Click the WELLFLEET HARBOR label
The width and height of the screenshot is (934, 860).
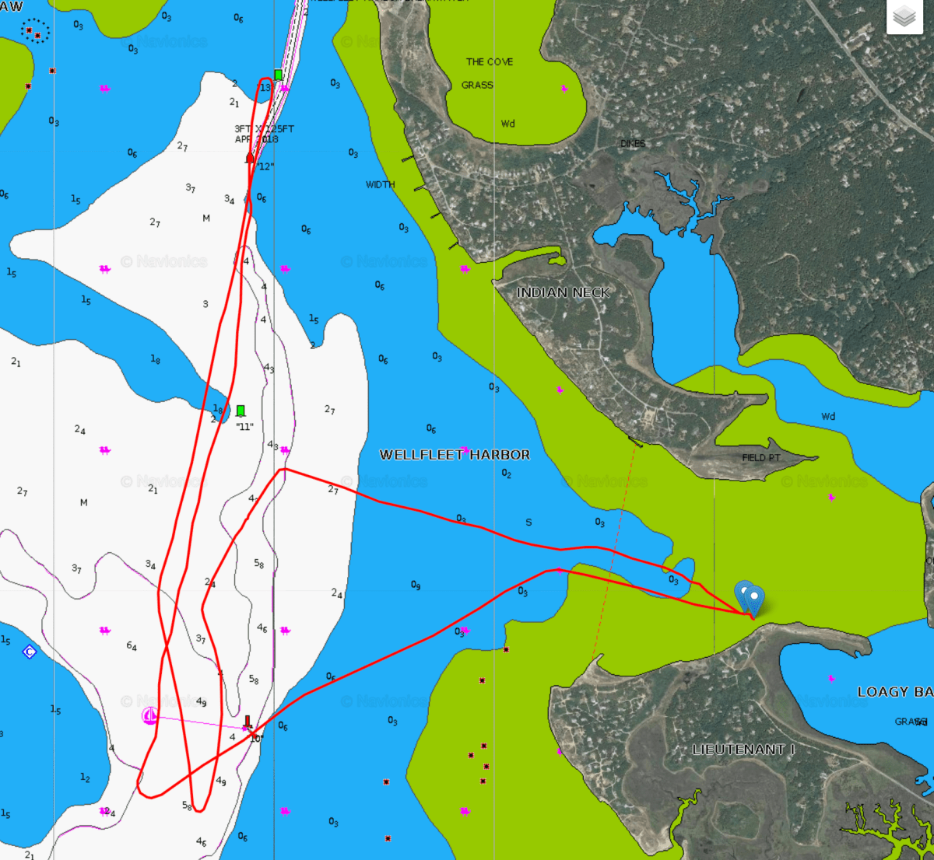coord(455,455)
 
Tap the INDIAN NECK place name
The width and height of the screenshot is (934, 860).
coord(563,292)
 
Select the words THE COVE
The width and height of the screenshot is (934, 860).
coord(490,61)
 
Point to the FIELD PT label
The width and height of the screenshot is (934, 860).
coord(761,458)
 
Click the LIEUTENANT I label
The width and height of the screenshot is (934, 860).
coord(744,750)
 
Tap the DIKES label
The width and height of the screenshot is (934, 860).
coord(633,144)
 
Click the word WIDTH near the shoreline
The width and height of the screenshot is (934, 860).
coord(381,185)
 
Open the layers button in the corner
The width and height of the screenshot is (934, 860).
coord(904,16)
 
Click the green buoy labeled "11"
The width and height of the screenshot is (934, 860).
coord(241,411)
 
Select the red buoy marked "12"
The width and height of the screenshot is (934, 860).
coord(250,159)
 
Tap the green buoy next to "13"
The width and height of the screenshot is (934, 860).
coord(278,75)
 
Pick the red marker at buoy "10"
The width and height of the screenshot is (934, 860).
coord(248,722)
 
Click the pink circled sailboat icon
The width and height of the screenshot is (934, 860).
coord(150,716)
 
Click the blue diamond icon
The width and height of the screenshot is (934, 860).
coord(30,652)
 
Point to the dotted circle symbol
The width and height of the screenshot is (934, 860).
coord(34,31)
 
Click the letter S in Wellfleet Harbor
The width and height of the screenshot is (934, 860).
coord(528,523)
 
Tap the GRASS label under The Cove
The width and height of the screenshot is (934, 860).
coord(477,85)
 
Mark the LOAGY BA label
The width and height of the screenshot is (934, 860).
coord(894,692)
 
